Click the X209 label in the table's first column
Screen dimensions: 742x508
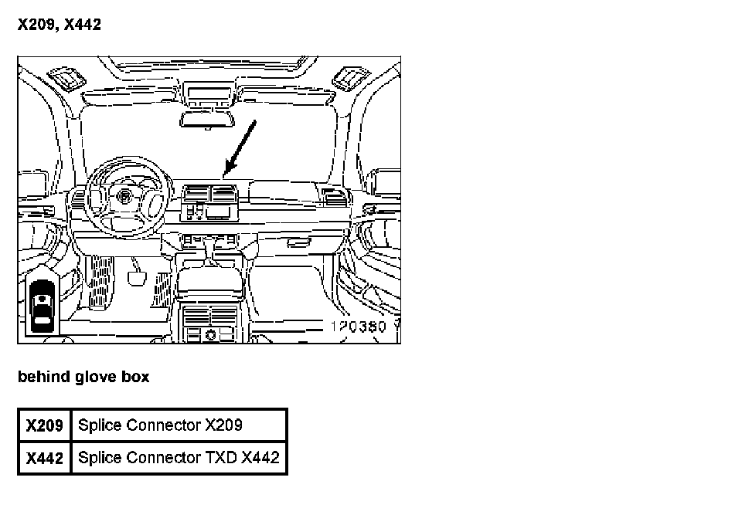tap(44, 425)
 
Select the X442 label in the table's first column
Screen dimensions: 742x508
tap(44, 458)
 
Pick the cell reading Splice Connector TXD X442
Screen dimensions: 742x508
tap(178, 457)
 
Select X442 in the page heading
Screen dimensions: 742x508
tap(82, 25)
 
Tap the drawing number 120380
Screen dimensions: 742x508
tap(358, 327)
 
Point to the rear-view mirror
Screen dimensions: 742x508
tap(206, 120)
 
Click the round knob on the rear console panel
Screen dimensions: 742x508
tap(210, 334)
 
